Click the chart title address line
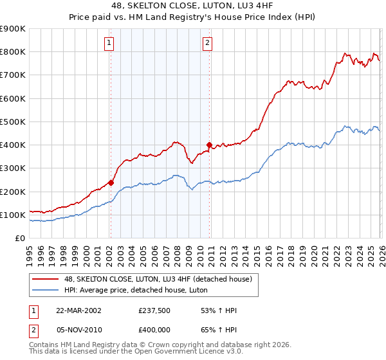(193, 6)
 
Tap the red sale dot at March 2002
(111, 183)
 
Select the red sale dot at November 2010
(210, 145)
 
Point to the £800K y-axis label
(13, 52)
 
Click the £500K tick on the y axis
(13, 122)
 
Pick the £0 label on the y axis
(19, 239)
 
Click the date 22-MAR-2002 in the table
(78, 310)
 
